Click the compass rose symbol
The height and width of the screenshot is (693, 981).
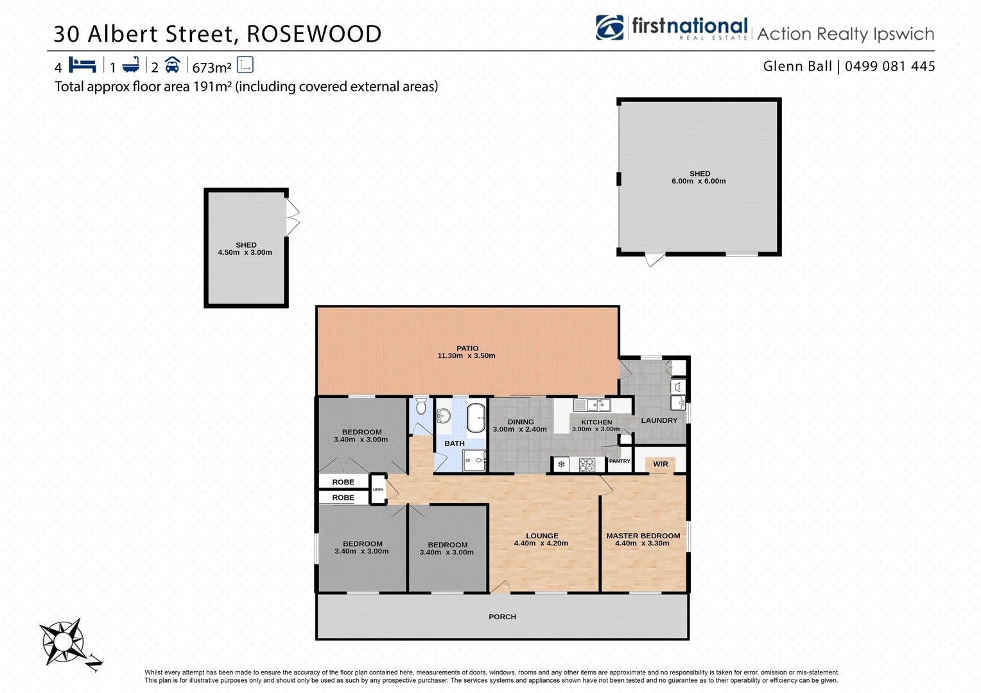(62, 641)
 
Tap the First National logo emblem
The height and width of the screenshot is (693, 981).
(609, 28)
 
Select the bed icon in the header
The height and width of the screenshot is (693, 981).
(82, 65)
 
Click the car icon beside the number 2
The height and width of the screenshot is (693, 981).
(172, 65)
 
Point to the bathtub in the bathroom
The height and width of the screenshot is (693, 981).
(476, 418)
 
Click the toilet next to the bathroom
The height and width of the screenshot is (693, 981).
(421, 406)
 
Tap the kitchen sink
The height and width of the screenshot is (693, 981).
(592, 405)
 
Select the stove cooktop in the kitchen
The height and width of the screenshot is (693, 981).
(587, 465)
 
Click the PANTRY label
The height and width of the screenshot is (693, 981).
(620, 461)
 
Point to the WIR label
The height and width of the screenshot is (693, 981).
(661, 464)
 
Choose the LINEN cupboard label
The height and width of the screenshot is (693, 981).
(378, 490)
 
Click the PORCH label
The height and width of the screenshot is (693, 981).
(502, 617)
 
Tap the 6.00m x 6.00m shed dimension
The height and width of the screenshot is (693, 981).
(699, 182)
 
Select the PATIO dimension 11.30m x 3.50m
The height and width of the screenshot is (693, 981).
(466, 355)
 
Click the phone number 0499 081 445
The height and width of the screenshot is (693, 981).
(890, 66)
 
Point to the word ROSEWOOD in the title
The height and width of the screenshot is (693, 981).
(314, 34)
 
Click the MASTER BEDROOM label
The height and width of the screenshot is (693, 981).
(643, 536)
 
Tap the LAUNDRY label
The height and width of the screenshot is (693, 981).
(659, 420)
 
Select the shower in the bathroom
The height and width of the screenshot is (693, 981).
(476, 460)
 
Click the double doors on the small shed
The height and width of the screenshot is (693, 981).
(292, 218)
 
